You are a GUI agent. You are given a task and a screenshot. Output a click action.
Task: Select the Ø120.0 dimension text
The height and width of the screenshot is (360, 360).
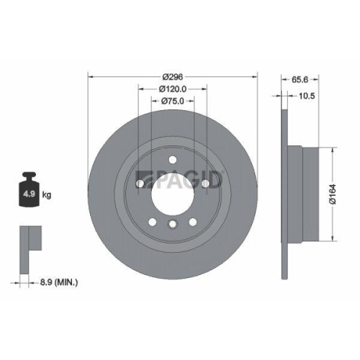pyautogui.click(x=172, y=89)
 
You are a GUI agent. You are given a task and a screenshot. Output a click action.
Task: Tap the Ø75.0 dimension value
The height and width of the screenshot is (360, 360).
pyautogui.click(x=172, y=101)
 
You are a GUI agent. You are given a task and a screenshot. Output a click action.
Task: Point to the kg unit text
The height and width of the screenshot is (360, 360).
pyautogui.click(x=46, y=194)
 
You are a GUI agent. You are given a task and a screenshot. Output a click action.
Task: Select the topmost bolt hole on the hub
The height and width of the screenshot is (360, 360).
pyautogui.click(x=172, y=160)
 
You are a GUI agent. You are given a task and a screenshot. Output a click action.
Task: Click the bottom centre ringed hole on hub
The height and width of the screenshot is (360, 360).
pyautogui.click(x=172, y=226)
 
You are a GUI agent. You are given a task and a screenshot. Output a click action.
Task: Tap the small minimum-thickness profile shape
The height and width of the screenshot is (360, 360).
pyautogui.click(x=27, y=237)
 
